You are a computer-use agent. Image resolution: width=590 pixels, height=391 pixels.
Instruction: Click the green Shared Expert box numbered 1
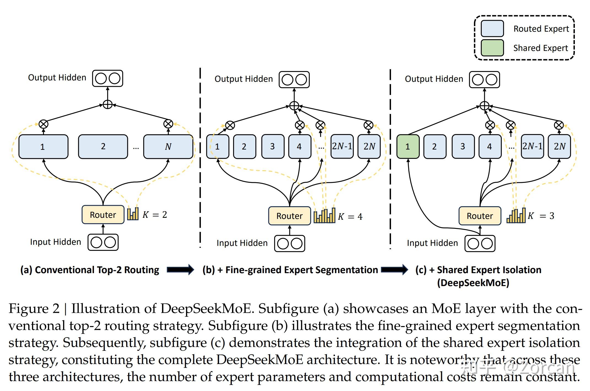408,146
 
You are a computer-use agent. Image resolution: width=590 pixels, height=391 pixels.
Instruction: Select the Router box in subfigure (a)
103,214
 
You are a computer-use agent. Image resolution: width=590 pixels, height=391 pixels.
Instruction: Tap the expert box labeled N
168,146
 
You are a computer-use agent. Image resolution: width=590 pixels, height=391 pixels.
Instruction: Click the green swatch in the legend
492,48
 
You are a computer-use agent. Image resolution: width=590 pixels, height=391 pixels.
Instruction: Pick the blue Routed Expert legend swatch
492,28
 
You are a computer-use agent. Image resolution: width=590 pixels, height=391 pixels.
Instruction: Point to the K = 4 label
350,217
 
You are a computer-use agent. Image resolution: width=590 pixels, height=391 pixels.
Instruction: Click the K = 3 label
541,216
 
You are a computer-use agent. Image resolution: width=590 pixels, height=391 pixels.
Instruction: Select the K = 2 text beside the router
155,215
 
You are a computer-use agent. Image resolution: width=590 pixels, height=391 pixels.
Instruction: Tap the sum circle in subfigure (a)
107,104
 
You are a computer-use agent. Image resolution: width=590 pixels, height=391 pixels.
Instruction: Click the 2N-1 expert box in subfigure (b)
342,146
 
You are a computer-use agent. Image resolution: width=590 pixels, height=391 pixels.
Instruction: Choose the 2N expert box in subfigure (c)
559,146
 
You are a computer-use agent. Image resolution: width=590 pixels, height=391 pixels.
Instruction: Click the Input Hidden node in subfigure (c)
480,243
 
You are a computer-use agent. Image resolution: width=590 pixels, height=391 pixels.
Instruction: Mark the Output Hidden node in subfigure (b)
294,80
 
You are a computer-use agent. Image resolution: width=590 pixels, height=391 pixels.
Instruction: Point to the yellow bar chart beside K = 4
324,216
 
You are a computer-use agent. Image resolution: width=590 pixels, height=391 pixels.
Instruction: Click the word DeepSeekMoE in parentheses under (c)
473,283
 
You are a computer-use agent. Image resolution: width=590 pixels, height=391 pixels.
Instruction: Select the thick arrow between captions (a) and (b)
180,270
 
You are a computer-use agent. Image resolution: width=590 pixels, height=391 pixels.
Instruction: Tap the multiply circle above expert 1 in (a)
43,124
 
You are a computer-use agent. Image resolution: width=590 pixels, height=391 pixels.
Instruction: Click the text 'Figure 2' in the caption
34,308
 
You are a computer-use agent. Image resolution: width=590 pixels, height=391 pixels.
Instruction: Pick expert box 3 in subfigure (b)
273,146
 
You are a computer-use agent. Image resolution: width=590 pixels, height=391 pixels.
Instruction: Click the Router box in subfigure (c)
480,216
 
